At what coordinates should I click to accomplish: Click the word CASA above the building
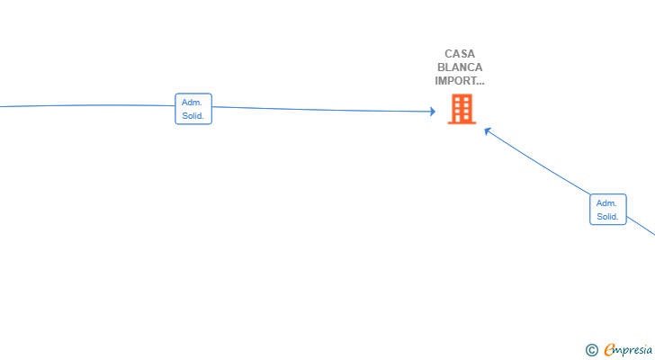point(459,54)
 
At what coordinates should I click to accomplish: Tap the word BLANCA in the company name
point(459,67)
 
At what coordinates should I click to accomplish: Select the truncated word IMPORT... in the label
point(459,80)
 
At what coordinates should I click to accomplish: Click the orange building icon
point(462,109)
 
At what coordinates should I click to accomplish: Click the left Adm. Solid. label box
point(193,109)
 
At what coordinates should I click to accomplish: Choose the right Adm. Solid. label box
point(608,210)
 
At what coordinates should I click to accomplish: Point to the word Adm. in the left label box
point(192,103)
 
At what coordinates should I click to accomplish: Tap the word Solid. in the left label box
point(193,115)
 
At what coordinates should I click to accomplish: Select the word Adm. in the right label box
point(606,203)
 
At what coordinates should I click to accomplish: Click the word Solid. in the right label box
point(608,216)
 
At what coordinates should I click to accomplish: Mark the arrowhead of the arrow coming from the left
point(432,112)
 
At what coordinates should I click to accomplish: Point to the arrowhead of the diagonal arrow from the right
point(488,130)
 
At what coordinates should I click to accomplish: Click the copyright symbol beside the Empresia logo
point(591,350)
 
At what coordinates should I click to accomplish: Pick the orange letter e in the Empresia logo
point(609,349)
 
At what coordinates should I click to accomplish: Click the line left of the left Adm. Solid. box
point(90,105)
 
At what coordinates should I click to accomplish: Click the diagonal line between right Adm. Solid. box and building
point(540,165)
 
